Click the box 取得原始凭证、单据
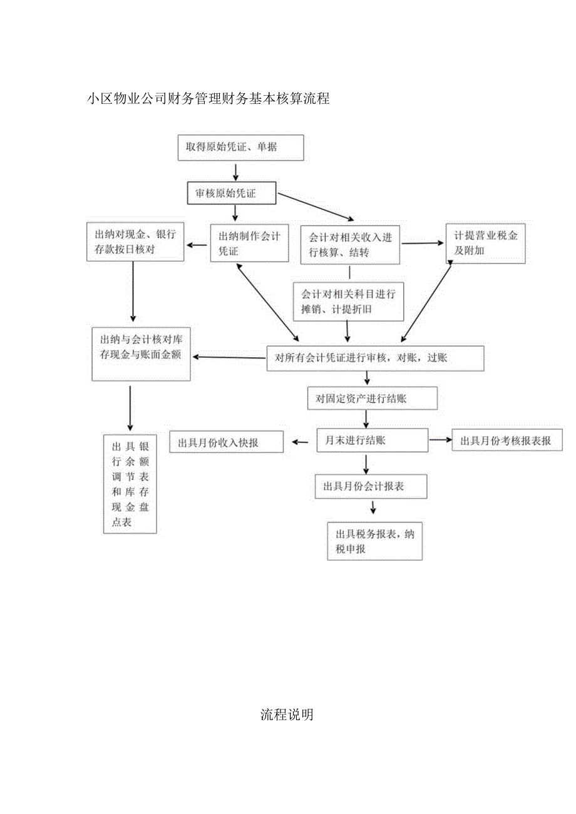[240, 148]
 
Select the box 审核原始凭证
[232, 193]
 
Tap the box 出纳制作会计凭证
[249, 243]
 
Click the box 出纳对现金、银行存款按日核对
[135, 242]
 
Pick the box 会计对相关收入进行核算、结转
[350, 244]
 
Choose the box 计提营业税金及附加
[485, 243]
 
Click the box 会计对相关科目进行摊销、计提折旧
[349, 301]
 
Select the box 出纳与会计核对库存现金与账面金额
[141, 354]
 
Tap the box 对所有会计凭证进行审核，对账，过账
[376, 359]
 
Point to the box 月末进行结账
[372, 440]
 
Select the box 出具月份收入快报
[226, 442]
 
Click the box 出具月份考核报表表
[507, 440]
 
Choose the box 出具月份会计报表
[371, 486]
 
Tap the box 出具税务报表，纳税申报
[374, 541]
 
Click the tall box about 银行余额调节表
[130, 484]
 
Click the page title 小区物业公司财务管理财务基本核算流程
[208, 98]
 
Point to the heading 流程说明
[287, 715]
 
